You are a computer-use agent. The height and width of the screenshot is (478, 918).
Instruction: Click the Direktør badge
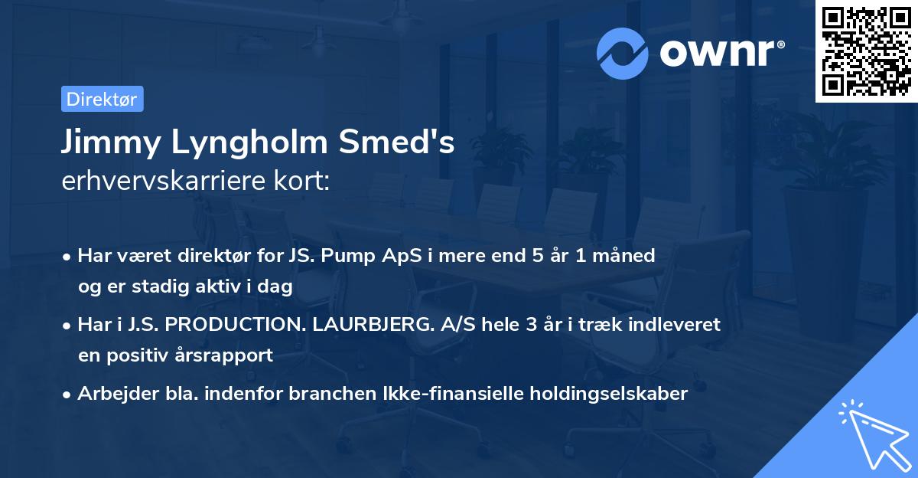(102, 99)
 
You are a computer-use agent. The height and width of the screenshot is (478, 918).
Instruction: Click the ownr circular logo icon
(623, 53)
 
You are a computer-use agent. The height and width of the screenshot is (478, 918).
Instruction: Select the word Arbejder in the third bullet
(109, 394)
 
